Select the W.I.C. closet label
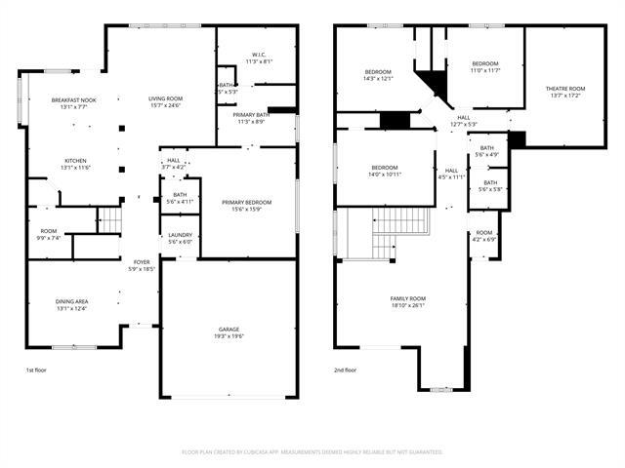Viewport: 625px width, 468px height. coord(258,58)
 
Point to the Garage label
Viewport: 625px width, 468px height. coord(229,332)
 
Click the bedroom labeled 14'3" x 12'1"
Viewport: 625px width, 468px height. coord(379,75)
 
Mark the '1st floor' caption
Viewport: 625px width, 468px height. coord(37,370)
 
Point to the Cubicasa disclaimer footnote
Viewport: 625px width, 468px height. coord(312,451)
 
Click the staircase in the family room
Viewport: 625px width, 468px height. coord(400,235)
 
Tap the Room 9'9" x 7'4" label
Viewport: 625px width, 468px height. coord(48,234)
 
